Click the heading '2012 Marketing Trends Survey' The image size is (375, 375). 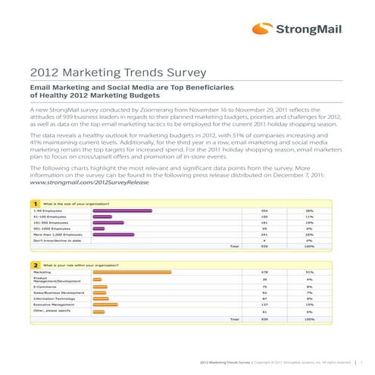(x=117, y=73)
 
